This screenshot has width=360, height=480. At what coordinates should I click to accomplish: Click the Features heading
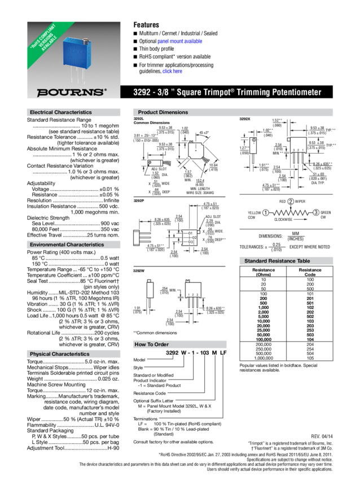coord(146,25)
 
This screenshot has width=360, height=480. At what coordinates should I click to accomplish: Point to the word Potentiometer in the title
coord(295,92)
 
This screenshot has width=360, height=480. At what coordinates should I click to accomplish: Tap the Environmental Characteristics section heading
coord(67,245)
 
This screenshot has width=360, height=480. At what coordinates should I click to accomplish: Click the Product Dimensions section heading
coord(163,112)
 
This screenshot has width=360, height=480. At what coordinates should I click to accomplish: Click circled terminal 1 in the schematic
coord(264,212)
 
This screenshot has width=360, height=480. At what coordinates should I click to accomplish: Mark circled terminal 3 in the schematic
coord(316,212)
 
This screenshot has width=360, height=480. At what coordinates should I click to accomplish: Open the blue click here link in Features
coord(173,72)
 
